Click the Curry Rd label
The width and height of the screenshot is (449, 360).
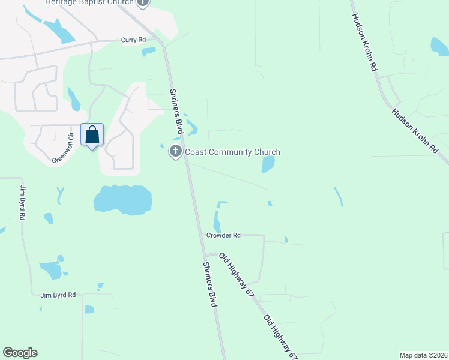pyautogui.click(x=133, y=40)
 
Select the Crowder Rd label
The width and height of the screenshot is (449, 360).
pyautogui.click(x=223, y=235)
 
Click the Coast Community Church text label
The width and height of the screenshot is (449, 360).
pyautogui.click(x=232, y=152)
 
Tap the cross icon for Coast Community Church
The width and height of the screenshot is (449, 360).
pyautogui.click(x=176, y=151)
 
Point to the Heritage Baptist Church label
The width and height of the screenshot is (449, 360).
pyautogui.click(x=89, y=2)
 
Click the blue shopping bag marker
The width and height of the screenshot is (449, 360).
pyautogui.click(x=92, y=135)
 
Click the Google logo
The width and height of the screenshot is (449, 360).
pyautogui.click(x=20, y=353)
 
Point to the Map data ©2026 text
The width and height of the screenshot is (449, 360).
pyautogui.click(x=424, y=355)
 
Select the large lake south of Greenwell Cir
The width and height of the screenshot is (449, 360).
pyautogui.click(x=122, y=199)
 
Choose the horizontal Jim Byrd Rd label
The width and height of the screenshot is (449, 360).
pyautogui.click(x=58, y=295)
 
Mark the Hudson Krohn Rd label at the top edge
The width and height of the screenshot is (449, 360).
pyautogui.click(x=364, y=43)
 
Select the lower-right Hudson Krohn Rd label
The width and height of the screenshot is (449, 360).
pyautogui.click(x=415, y=131)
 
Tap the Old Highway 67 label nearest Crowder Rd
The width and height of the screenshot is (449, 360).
pyautogui.click(x=236, y=275)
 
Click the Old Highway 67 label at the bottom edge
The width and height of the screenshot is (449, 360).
pyautogui.click(x=281, y=337)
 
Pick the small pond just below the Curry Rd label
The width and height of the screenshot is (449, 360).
pyautogui.click(x=149, y=52)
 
